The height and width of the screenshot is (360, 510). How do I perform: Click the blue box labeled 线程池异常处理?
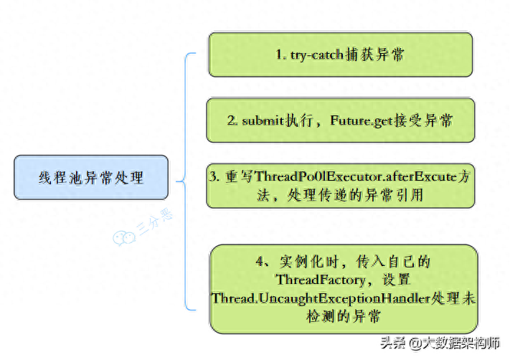pos(91,177)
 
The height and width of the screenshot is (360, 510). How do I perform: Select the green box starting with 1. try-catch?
pos(341,55)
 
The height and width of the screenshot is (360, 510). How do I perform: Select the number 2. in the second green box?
pos(232,120)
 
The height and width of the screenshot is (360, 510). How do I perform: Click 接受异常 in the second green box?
pos(424,120)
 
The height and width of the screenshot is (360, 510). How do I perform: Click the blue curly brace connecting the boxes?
pos(186,179)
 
